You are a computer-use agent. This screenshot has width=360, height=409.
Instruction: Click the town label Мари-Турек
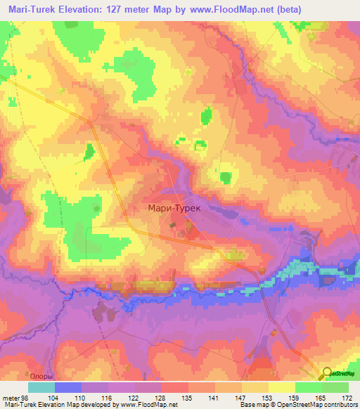point(176,208)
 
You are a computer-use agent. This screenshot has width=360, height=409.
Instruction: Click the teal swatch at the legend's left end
point(41,387)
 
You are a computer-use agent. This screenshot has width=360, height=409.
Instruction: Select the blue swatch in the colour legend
point(68,387)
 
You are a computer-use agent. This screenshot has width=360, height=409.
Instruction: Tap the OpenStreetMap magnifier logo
point(328,373)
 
